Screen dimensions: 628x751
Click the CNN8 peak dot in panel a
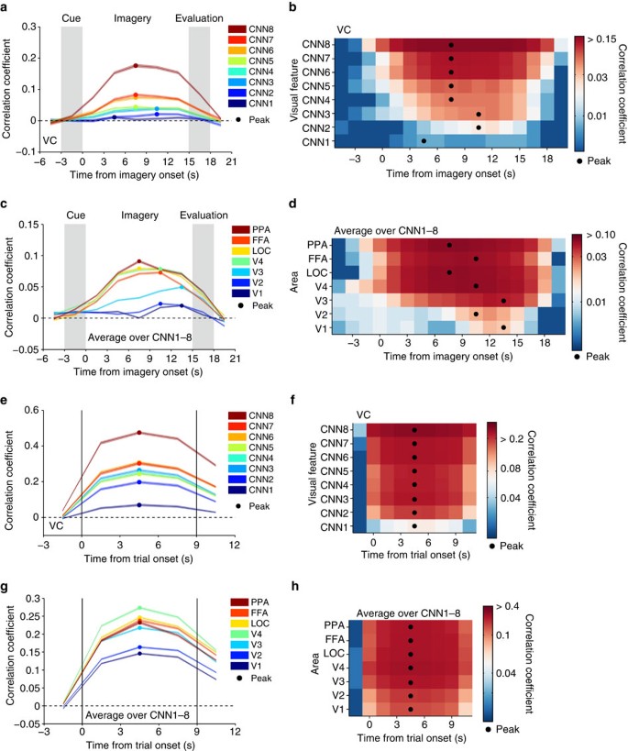[136, 66]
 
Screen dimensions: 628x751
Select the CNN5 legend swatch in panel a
[237, 61]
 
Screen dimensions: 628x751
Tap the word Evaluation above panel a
[199, 18]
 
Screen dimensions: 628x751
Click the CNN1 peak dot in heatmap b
[424, 141]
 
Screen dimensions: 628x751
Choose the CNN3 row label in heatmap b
[316, 114]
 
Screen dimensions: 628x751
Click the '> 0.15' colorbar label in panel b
[601, 39]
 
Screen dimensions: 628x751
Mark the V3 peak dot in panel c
[182, 287]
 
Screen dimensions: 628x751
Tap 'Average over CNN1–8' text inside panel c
[139, 337]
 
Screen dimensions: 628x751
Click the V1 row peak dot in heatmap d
[503, 327]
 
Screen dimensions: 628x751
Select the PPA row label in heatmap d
[317, 245]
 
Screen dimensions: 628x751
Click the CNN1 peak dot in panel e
[139, 505]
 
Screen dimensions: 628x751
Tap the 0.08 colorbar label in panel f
[510, 468]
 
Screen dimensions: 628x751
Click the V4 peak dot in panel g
[140, 608]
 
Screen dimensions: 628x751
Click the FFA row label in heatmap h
[335, 639]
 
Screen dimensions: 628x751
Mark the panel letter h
[294, 586]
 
